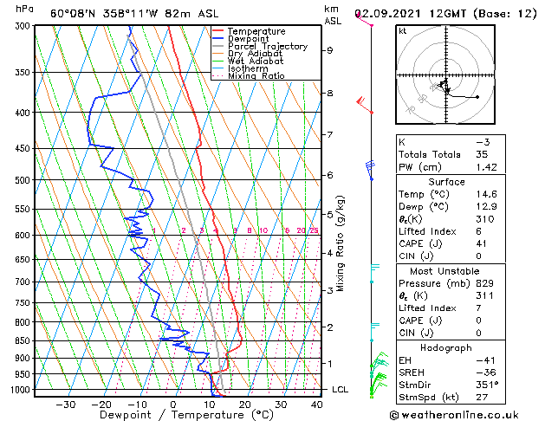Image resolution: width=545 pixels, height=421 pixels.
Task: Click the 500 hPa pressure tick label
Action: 24,180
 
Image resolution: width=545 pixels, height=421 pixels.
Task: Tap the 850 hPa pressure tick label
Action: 24,340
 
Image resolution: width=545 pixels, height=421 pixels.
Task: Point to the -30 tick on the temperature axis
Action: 65,404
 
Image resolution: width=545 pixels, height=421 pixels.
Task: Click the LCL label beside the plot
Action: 340,390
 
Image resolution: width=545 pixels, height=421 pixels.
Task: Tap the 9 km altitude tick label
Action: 330,50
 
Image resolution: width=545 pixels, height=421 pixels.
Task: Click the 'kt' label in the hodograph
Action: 403,30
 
